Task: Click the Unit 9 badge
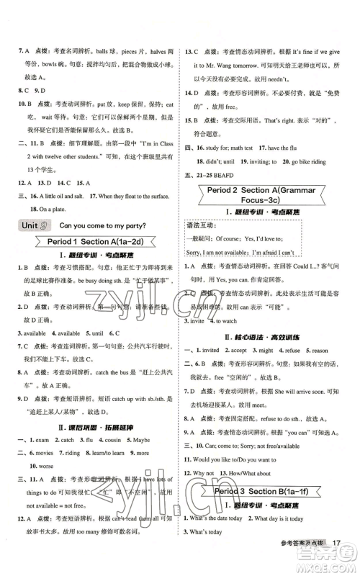29,225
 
